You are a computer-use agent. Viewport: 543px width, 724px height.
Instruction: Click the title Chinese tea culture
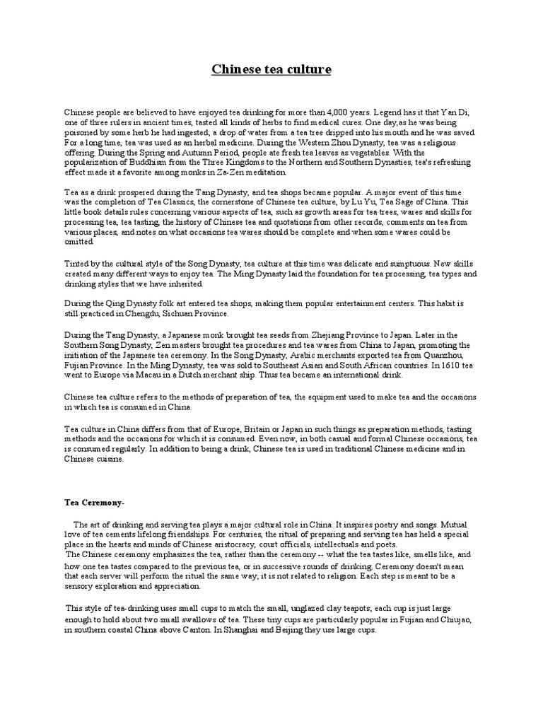point(271,69)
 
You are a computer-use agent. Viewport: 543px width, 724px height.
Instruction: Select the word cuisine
point(109,459)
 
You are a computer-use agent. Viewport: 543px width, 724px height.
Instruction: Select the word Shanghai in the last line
point(237,629)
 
